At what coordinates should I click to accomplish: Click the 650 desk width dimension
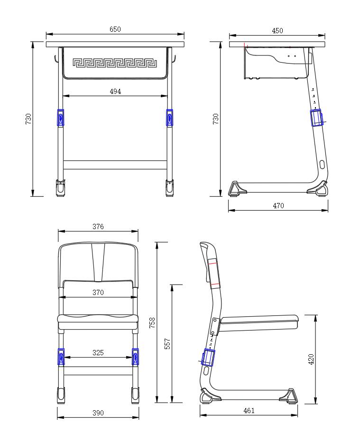(x=115, y=29)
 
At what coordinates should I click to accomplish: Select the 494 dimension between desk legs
(x=115, y=92)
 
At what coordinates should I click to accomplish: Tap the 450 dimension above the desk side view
(x=277, y=31)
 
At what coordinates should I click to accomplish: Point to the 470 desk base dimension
(x=278, y=206)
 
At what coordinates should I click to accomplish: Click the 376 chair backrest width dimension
(x=98, y=227)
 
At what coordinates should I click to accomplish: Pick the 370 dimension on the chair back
(x=98, y=293)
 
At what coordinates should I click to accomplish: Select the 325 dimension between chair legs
(x=98, y=353)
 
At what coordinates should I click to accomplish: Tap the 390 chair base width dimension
(x=98, y=413)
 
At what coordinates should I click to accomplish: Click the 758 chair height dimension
(x=152, y=322)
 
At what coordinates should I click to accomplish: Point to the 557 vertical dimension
(x=167, y=344)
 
